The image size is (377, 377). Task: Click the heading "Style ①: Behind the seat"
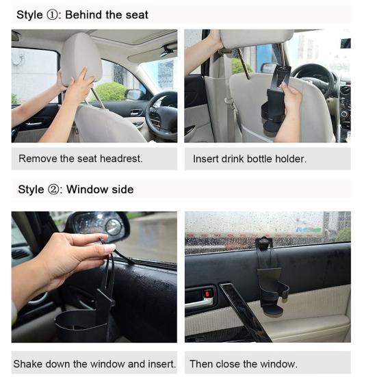point(82,14)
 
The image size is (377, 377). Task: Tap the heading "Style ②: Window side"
point(75,190)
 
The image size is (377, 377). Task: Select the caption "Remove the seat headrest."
point(81,159)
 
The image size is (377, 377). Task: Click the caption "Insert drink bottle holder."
point(249,159)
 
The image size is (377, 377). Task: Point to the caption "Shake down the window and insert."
point(94,363)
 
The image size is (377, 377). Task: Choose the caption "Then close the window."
point(243,363)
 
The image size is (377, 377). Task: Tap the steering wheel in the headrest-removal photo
point(160,113)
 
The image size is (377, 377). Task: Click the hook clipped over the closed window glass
point(263,243)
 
